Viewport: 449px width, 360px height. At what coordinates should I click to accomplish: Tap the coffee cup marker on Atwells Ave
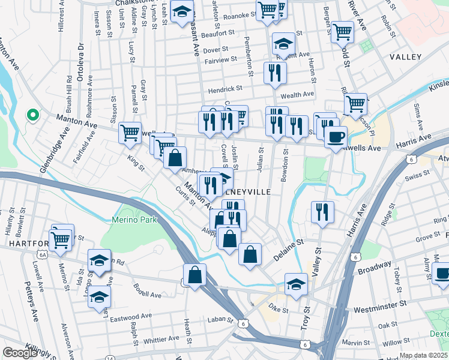pos(336,136)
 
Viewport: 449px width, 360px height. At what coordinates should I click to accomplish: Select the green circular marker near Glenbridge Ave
pos(32,115)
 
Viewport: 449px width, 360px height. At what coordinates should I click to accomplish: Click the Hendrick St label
pos(224,88)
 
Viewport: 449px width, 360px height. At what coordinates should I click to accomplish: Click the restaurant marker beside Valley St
pos(322,212)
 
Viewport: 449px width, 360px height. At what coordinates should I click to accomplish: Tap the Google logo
pos(20,353)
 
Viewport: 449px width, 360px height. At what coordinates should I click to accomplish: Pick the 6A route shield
pos(42,254)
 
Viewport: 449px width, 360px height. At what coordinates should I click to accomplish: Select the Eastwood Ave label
pos(131,316)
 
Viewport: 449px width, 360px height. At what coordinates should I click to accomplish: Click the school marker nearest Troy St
pos(296,284)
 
